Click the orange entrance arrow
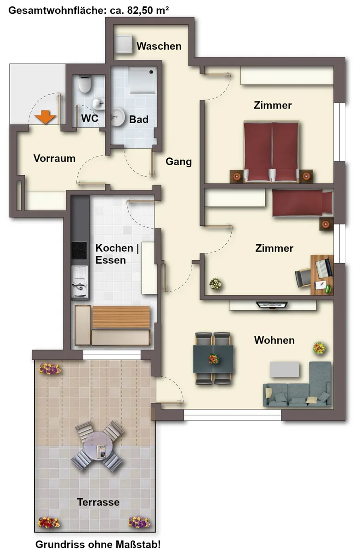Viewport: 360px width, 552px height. point(45,117)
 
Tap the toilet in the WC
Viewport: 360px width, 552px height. point(85,84)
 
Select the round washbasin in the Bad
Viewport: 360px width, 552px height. point(117,117)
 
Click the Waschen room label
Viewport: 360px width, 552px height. point(159,46)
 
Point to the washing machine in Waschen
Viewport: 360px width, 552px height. point(124,45)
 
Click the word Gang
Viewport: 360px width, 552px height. point(178,161)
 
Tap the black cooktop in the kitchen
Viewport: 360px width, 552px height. point(79,251)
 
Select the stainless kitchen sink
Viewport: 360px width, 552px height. point(80,282)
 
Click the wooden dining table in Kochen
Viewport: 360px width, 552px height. point(121,317)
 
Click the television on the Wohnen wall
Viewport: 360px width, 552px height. point(272,305)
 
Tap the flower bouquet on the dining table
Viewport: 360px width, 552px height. point(213,358)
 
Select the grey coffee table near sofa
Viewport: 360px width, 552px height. point(285,369)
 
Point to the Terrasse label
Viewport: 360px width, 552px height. point(98,502)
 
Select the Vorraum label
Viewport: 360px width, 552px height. point(54,158)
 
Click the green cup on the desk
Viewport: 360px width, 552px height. point(328,288)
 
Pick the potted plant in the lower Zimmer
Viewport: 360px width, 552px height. point(215,284)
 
